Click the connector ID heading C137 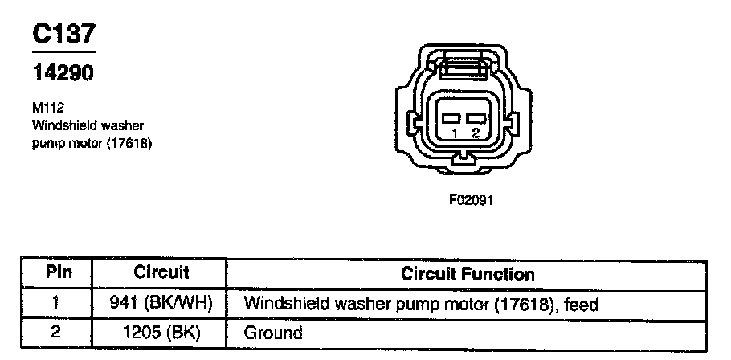(x=63, y=33)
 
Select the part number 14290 (x=63, y=73)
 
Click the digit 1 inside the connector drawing (x=455, y=133)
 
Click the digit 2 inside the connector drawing (x=476, y=133)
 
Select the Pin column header (x=59, y=272)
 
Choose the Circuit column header (x=161, y=272)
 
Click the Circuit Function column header (x=468, y=273)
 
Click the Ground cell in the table (x=272, y=332)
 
